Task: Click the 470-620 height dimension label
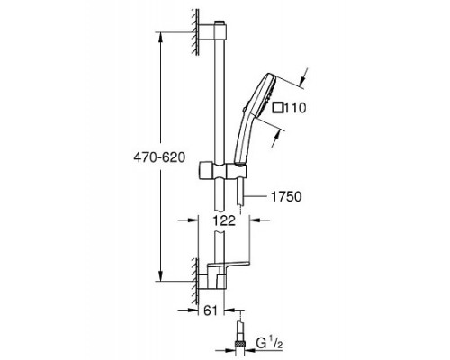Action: [x=159, y=157]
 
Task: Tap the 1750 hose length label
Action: [x=286, y=197]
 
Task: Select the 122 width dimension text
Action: [x=224, y=220]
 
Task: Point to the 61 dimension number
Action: [x=210, y=310]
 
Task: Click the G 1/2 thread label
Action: [x=270, y=344]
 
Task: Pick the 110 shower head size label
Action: [x=295, y=108]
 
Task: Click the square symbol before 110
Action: [x=278, y=108]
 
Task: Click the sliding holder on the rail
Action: [x=222, y=171]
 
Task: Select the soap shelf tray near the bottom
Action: [x=228, y=264]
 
